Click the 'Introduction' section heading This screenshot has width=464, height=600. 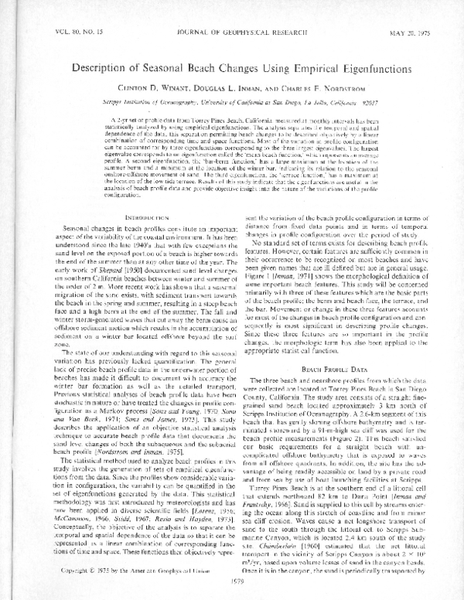[125, 218]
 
